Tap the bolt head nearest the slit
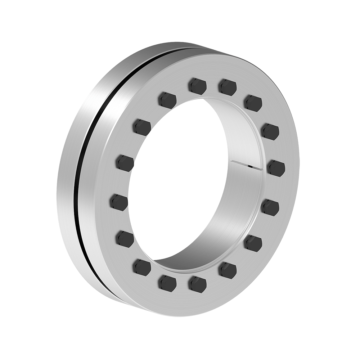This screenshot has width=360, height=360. [276, 168]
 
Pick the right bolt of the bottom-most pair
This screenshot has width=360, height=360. [197, 283]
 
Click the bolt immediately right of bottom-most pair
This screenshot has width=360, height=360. [227, 270]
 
